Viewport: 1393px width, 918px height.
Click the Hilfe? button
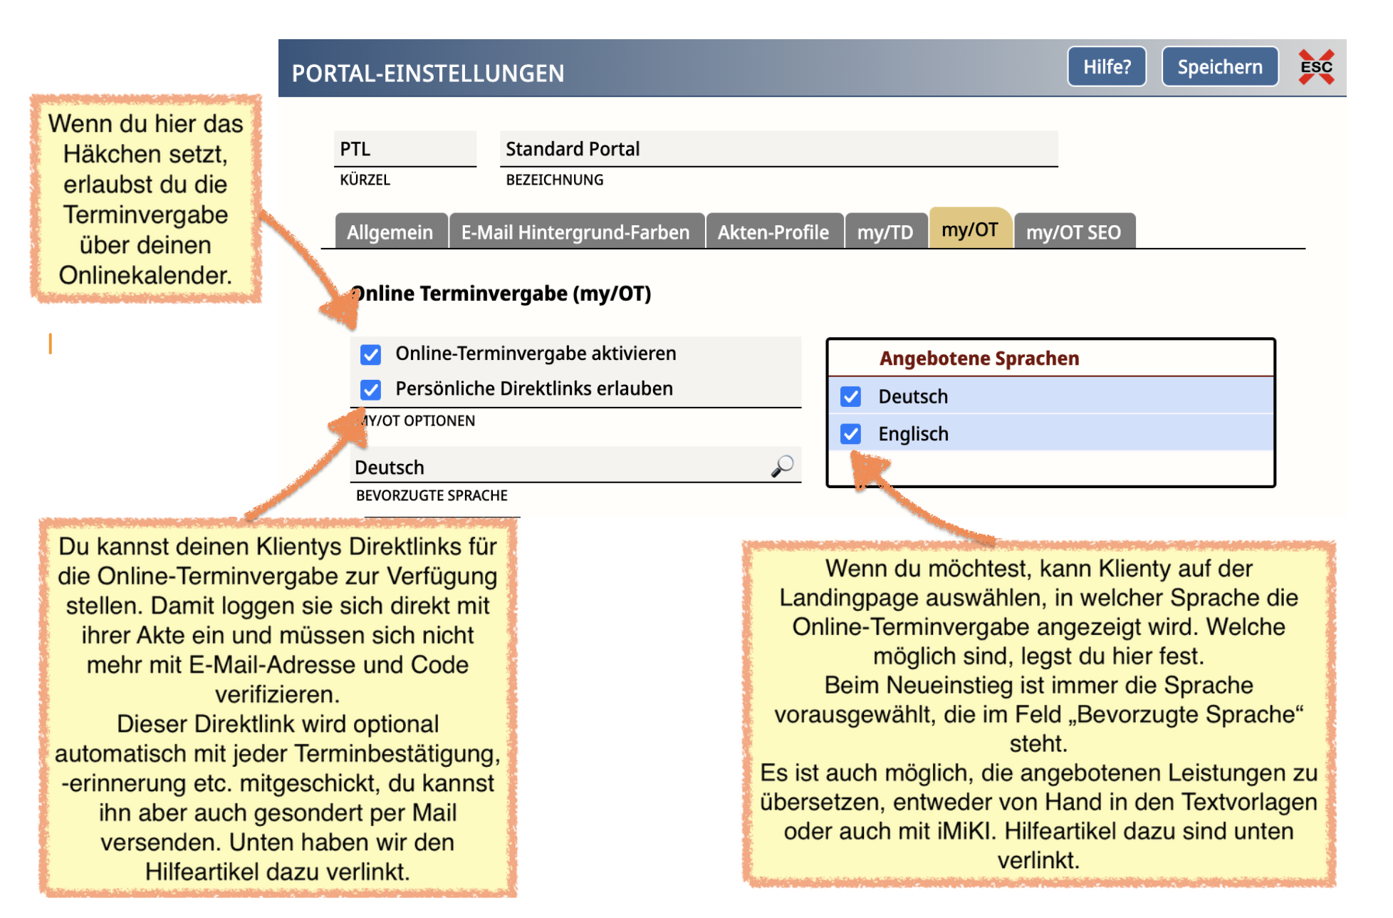click(1106, 67)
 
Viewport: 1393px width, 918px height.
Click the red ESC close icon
click(1315, 67)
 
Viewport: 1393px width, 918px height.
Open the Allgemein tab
click(390, 232)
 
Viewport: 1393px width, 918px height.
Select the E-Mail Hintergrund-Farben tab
click(575, 232)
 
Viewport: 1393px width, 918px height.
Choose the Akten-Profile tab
click(773, 232)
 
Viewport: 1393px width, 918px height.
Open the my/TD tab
click(885, 232)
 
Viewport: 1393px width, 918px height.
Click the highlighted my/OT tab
click(969, 229)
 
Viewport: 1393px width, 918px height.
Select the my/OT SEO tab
click(1073, 232)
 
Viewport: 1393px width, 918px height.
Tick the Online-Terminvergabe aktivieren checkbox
click(370, 354)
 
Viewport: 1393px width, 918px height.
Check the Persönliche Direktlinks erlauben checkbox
click(370, 389)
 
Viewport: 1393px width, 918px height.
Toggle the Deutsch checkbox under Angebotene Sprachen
click(850, 397)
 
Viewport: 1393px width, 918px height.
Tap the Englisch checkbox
click(850, 434)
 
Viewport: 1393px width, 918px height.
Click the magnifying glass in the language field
click(782, 466)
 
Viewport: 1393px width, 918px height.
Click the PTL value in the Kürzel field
click(355, 149)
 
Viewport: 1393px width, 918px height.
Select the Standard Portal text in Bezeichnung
click(573, 149)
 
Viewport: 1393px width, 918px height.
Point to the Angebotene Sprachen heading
click(979, 359)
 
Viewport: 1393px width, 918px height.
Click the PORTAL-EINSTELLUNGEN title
click(427, 73)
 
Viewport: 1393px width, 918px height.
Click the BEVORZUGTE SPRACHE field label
click(432, 495)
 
